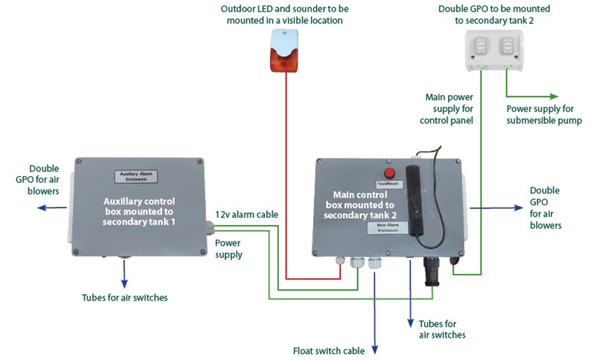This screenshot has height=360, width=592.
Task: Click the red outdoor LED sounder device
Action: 284,55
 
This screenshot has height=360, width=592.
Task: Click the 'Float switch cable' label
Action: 329,350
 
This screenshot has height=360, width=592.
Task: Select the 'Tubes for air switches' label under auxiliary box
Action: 125,298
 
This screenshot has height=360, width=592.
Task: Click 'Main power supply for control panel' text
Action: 449,108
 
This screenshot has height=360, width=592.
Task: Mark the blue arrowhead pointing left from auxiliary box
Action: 41,207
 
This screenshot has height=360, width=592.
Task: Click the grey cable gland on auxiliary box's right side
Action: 210,226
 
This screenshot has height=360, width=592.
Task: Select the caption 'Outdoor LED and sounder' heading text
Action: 284,15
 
